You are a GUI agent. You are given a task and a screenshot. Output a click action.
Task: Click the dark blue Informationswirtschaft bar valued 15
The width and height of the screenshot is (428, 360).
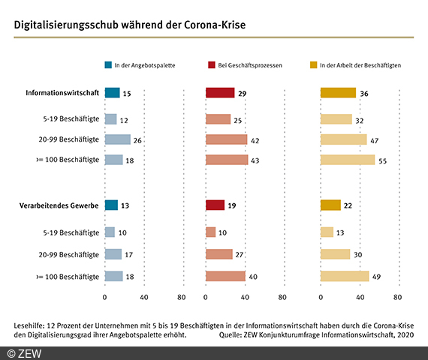(x=112, y=93)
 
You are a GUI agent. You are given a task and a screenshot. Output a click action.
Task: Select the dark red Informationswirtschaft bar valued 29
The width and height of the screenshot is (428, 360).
(x=220, y=93)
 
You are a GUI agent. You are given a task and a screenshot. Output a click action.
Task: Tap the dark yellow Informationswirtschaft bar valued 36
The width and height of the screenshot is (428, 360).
(x=338, y=93)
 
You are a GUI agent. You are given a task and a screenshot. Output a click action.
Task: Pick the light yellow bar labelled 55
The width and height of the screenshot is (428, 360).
(x=348, y=160)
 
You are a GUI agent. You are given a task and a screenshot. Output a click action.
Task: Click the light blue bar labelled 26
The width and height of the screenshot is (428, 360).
(x=118, y=139)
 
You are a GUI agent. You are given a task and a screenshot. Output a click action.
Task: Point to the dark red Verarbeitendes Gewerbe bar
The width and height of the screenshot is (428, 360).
(x=215, y=205)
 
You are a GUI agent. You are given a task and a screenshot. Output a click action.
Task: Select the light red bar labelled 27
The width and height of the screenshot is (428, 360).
(x=219, y=254)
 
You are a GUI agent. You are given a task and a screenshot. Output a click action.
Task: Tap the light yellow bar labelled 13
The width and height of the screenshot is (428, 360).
(x=327, y=232)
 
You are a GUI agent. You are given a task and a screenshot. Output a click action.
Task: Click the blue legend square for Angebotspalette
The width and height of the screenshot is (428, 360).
(x=108, y=65)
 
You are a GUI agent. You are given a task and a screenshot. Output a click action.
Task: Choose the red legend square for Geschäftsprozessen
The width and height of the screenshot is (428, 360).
(x=212, y=65)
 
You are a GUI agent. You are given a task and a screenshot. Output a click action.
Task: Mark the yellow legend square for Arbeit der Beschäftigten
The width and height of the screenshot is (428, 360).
(x=313, y=65)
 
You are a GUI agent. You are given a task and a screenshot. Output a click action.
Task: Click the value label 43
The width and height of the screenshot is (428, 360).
(x=255, y=160)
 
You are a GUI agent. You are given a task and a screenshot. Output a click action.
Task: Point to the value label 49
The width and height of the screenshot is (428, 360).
(x=376, y=277)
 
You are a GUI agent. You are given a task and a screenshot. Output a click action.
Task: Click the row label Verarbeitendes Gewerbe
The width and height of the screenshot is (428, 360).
(x=59, y=205)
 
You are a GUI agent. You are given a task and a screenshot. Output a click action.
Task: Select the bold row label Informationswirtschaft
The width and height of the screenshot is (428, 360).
(x=62, y=93)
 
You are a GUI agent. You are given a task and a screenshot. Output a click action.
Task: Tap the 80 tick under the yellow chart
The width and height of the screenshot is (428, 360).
(x=397, y=297)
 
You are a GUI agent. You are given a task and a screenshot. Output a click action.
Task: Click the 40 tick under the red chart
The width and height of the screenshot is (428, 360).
(x=245, y=297)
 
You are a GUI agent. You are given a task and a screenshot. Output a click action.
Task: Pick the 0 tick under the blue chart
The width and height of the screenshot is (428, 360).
(x=104, y=297)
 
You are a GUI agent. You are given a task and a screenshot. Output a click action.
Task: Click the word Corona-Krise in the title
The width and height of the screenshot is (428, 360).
(x=215, y=25)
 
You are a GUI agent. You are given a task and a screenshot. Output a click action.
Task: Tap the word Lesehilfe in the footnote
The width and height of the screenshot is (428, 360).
(x=29, y=325)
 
